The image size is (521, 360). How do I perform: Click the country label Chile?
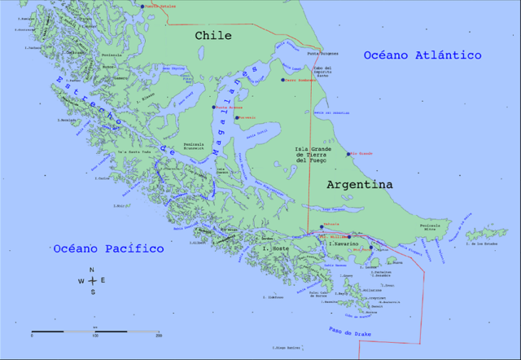[212, 36]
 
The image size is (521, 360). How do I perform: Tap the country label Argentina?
[359, 185]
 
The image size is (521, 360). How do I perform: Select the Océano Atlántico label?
[422, 55]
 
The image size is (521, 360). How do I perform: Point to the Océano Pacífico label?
[103, 248]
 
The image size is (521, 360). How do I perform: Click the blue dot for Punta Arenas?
[214, 107]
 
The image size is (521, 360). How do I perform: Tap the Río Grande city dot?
[349, 153]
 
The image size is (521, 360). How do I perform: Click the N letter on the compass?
[92, 269]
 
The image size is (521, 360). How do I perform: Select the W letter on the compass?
[81, 281]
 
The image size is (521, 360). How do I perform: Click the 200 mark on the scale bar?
[158, 336]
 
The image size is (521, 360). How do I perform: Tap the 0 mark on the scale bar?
[32, 336]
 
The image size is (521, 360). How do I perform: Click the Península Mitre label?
[429, 228]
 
